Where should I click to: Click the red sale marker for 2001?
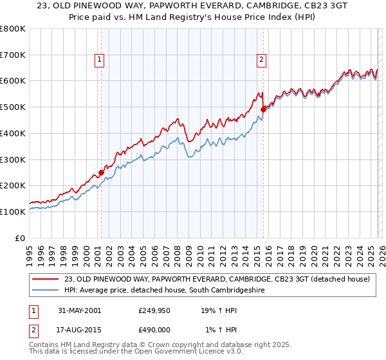pyautogui.click(x=101, y=172)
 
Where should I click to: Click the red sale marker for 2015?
pyautogui.click(x=263, y=109)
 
